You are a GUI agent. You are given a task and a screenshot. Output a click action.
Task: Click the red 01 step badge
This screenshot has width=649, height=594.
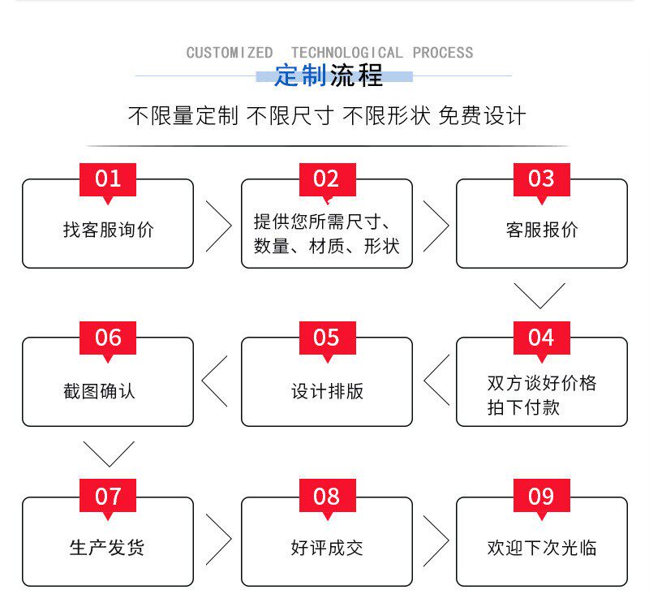tap(107, 179)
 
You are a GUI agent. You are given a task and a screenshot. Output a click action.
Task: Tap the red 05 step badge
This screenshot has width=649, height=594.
tap(326, 338)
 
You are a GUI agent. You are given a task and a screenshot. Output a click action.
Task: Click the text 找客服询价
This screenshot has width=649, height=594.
tap(108, 230)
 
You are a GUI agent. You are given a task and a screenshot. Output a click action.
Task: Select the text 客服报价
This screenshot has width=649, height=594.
tap(541, 230)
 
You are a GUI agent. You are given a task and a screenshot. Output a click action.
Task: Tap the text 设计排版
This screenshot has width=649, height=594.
tap(327, 391)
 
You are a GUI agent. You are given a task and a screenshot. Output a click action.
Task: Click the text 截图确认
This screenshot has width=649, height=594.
tap(99, 391)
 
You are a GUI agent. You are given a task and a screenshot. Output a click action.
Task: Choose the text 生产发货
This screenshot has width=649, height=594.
tap(107, 549)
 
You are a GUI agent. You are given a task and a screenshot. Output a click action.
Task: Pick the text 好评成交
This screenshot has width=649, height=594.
tap(327, 549)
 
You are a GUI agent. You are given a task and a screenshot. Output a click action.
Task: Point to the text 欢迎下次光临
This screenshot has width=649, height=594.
tap(541, 549)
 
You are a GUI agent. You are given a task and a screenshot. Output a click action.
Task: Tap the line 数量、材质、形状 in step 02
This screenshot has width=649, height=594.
tap(327, 246)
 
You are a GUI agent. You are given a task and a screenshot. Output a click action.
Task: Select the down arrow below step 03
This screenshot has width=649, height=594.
tap(539, 295)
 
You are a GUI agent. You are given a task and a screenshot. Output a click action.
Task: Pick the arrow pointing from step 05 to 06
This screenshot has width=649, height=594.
tap(215, 381)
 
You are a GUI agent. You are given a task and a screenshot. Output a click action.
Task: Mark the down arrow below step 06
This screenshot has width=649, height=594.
tap(108, 454)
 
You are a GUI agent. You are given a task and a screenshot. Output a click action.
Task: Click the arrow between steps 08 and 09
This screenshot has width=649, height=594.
tap(436, 540)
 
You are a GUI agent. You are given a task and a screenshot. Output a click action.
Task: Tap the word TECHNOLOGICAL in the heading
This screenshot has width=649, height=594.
tap(346, 53)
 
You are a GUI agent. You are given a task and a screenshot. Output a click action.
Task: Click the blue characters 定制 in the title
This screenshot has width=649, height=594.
tap(300, 76)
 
